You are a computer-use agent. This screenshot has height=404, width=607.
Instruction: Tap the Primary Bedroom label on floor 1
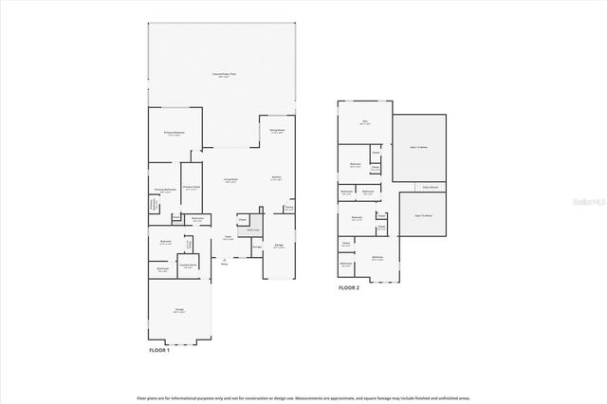(174, 134)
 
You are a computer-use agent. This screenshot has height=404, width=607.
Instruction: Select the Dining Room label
(277, 131)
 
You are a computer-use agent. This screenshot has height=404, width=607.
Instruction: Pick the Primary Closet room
(192, 188)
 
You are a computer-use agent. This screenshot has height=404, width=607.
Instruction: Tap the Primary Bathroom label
(166, 191)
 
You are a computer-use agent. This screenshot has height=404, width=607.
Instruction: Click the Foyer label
(229, 238)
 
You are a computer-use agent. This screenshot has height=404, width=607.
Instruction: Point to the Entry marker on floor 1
(225, 263)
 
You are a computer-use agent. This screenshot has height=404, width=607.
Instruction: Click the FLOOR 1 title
(159, 351)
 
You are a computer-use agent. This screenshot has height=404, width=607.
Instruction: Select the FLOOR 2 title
(350, 287)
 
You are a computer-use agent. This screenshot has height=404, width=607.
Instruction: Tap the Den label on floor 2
(364, 121)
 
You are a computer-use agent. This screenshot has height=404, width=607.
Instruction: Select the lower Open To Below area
(423, 216)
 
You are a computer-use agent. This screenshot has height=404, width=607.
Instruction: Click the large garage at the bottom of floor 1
(179, 310)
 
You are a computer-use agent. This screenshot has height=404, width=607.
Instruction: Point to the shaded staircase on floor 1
(253, 230)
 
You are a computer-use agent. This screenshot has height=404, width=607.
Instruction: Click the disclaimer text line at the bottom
(303, 396)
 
